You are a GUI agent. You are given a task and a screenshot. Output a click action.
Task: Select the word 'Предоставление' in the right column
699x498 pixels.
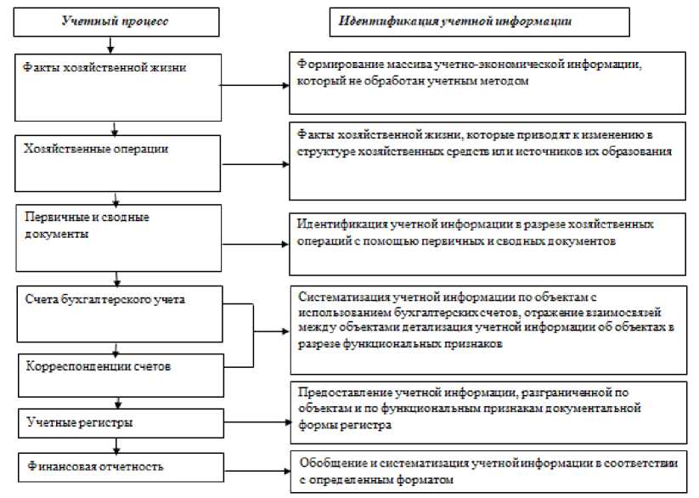point(339,394)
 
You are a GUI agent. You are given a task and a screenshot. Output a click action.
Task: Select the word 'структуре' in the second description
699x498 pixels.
point(322,151)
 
